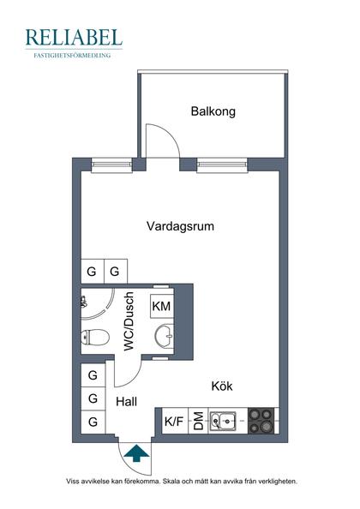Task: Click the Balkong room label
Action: point(213,111)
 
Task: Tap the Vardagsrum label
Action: point(180,227)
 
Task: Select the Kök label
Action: point(222,386)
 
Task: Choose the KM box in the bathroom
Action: point(161,307)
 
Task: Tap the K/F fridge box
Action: point(174,421)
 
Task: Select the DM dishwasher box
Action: point(197,421)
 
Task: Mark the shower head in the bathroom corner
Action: point(85,302)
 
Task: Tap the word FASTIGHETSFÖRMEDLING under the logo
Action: point(74,55)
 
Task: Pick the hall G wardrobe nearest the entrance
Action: point(92,421)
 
